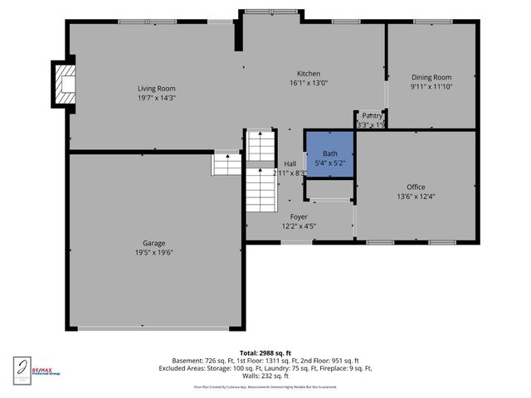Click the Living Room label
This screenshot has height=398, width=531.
pyautogui.click(x=156, y=88)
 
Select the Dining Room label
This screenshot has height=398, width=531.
pyautogui.click(x=431, y=76)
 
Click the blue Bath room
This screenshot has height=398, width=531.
pyautogui.click(x=330, y=153)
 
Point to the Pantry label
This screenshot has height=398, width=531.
pyautogui.click(x=372, y=115)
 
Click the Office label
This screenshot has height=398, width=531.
pyautogui.click(x=416, y=187)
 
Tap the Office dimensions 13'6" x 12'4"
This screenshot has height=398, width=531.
pyautogui.click(x=416, y=197)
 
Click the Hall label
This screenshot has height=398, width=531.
pyautogui.click(x=290, y=163)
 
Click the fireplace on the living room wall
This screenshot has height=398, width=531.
pyautogui.click(x=63, y=83)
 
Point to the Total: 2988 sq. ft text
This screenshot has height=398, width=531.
pyautogui.click(x=265, y=353)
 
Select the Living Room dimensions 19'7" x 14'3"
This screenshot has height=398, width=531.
pyautogui.click(x=156, y=98)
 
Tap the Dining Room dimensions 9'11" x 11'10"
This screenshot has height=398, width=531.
pyautogui.click(x=431, y=86)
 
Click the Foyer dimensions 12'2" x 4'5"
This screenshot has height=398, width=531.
pyautogui.click(x=299, y=226)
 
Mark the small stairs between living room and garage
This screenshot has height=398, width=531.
pyautogui.click(x=226, y=163)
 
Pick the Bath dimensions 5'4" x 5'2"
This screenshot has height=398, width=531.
pyautogui.click(x=330, y=163)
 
